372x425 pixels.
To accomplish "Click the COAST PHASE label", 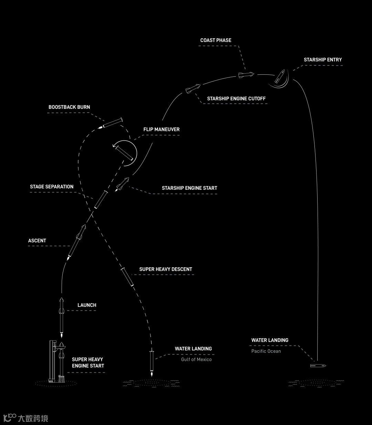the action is (x=216, y=40).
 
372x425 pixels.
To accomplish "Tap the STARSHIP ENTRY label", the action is (x=323, y=60).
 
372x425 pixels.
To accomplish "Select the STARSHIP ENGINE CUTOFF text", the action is (x=236, y=99).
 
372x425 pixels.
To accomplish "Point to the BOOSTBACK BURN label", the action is (x=69, y=107).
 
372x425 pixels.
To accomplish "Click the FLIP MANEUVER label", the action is (x=162, y=129).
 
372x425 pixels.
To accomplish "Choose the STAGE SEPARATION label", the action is (x=52, y=187).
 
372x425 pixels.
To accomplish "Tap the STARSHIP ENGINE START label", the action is (x=189, y=188).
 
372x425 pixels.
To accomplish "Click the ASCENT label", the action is (x=37, y=241).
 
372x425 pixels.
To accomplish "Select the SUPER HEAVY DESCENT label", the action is (x=166, y=269).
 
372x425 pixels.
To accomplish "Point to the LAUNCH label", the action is (x=87, y=305).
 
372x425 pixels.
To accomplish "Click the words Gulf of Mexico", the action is (x=196, y=360).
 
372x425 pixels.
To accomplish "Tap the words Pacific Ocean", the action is (x=266, y=351).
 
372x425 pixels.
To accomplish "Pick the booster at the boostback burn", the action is (x=113, y=123).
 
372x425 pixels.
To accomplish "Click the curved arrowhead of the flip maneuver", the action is (x=114, y=146).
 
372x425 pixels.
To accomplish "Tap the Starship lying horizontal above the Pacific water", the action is (x=318, y=365).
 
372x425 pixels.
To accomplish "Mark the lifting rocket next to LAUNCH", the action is (x=62, y=315).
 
